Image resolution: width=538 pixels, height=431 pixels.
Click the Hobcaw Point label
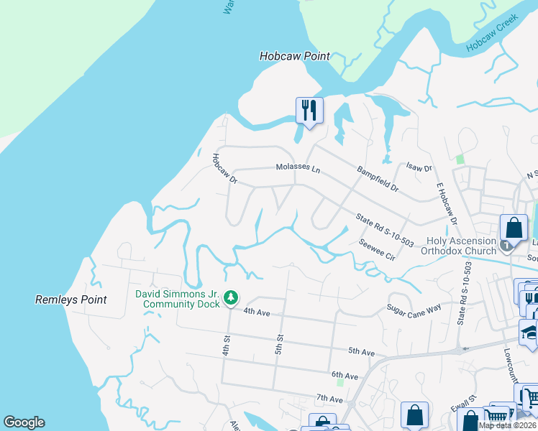coord(294,56)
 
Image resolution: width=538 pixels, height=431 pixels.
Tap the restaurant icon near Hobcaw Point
coord(309,111)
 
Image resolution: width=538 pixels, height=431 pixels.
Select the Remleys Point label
coord(71,300)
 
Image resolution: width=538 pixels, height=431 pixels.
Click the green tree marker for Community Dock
coord(231,297)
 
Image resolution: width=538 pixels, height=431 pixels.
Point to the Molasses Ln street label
coord(298,168)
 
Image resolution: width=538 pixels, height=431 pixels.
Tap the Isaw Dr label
coord(419,168)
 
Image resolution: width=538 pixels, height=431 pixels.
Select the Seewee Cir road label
coord(377,249)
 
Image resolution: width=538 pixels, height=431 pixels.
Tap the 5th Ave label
coord(362,351)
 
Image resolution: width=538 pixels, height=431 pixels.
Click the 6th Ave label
coord(345,376)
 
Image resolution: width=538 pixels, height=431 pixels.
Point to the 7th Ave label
coord(329,399)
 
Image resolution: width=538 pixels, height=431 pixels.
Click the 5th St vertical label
coord(280,330)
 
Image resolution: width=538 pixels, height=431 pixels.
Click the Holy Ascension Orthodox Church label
coord(461,246)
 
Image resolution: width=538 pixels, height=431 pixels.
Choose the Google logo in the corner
coord(24,422)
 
